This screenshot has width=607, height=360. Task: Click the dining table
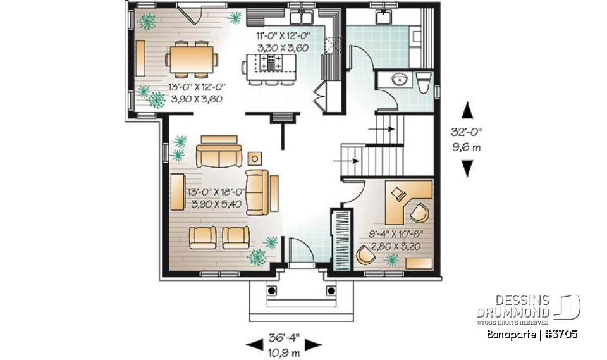pos(192,61)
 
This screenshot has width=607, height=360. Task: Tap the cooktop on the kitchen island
pos(273,61)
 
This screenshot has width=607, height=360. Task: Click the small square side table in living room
pos(255,158)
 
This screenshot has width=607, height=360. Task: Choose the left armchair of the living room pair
pos(202,237)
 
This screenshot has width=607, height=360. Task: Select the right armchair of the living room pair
pos(235,237)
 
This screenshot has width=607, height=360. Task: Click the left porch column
pos(273,290)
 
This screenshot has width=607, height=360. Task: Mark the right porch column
pos(329,290)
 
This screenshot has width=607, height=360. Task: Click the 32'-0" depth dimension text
pos(467,133)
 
